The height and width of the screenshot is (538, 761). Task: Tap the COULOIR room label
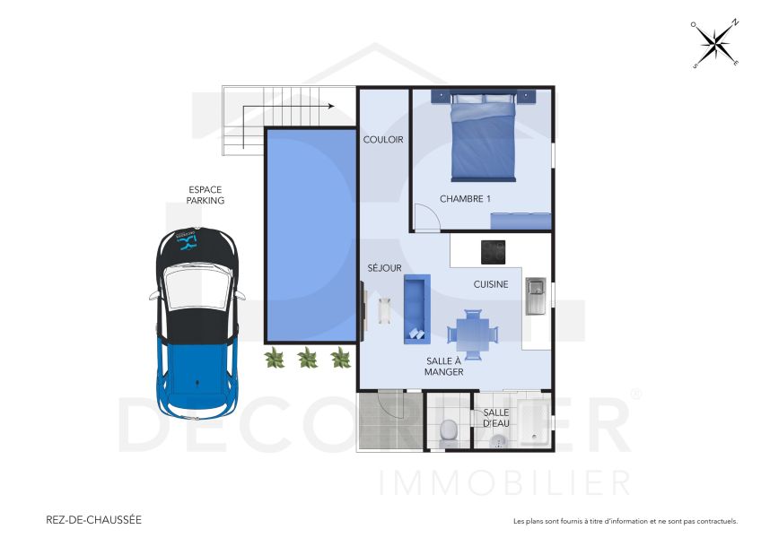(383, 140)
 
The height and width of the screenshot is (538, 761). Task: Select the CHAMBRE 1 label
(465, 199)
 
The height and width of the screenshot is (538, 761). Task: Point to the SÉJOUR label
(384, 268)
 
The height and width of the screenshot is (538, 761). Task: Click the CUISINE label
(491, 284)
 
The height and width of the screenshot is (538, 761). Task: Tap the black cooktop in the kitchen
(493, 252)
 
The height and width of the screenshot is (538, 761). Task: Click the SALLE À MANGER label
(444, 366)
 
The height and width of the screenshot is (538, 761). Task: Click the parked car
(197, 324)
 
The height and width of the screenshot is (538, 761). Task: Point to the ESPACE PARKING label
(206, 195)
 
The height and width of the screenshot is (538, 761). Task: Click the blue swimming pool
(311, 235)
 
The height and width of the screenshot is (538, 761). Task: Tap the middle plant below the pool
(307, 359)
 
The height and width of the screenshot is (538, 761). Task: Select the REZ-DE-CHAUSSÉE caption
(93, 519)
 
